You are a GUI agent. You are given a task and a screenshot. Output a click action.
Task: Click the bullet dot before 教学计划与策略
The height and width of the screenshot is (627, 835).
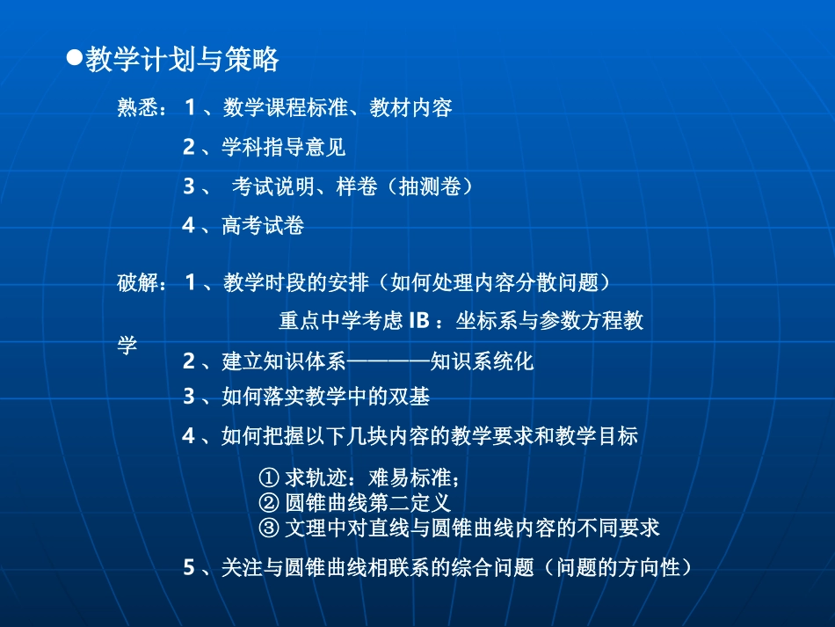(x=75, y=58)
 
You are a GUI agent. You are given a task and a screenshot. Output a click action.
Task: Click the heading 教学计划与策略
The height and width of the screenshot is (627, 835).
(x=183, y=60)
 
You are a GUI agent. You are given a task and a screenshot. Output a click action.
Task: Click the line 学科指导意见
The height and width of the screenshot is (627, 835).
(x=283, y=147)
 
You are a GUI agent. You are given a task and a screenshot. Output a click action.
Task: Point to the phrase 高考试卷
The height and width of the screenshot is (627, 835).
(x=263, y=226)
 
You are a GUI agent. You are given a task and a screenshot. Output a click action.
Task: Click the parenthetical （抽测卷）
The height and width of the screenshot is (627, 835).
(x=430, y=186)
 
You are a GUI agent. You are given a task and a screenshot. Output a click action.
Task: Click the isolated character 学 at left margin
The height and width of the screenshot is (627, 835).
(x=127, y=345)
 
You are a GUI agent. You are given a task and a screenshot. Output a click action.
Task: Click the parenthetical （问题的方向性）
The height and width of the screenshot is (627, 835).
(x=618, y=568)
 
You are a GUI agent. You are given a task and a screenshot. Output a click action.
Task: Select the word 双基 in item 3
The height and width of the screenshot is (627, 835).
(x=409, y=397)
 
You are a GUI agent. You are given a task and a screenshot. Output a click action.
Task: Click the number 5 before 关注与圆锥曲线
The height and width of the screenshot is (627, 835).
(x=188, y=568)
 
